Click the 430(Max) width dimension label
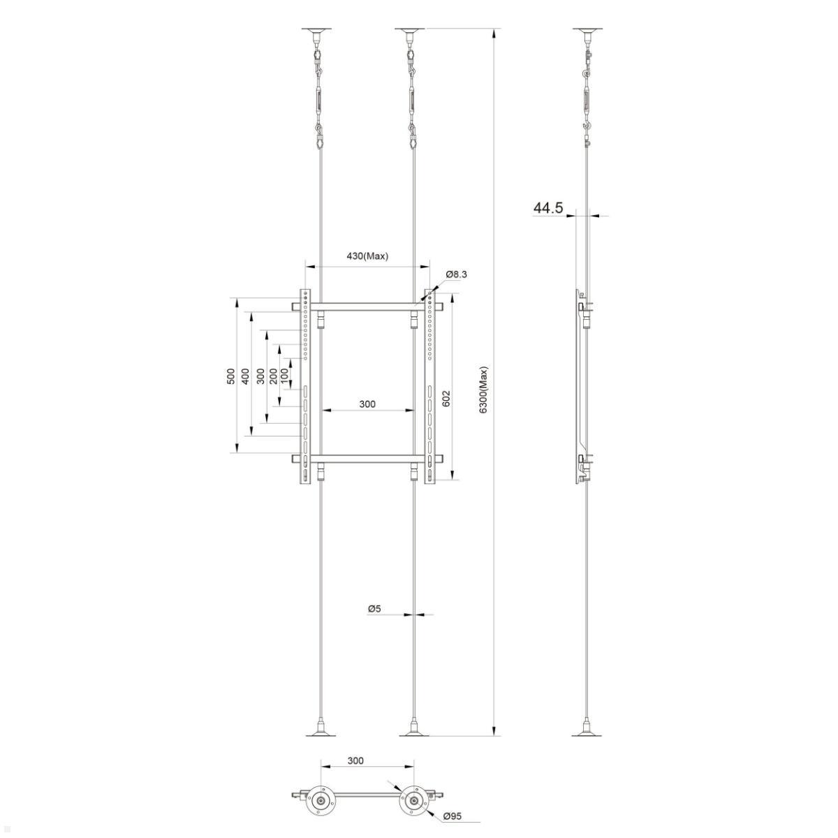pos(367,256)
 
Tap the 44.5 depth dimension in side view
pos(548,208)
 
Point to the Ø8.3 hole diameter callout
pos(456,274)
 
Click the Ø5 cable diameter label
pos(374,609)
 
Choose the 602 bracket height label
pos(446,398)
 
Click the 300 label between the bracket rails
pos(367,404)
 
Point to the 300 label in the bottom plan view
pos(355,761)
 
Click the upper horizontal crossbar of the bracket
pos(367,306)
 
